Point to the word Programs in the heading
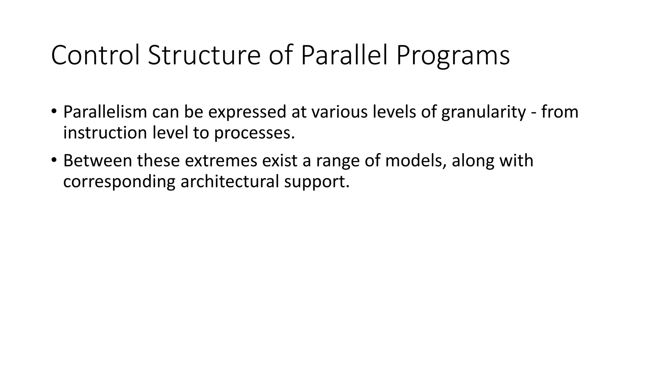point(453,56)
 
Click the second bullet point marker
point(54,160)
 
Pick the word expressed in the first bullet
point(247,112)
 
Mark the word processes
point(254,133)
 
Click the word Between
point(97,161)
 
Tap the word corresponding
point(119,182)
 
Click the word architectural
point(230,181)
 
